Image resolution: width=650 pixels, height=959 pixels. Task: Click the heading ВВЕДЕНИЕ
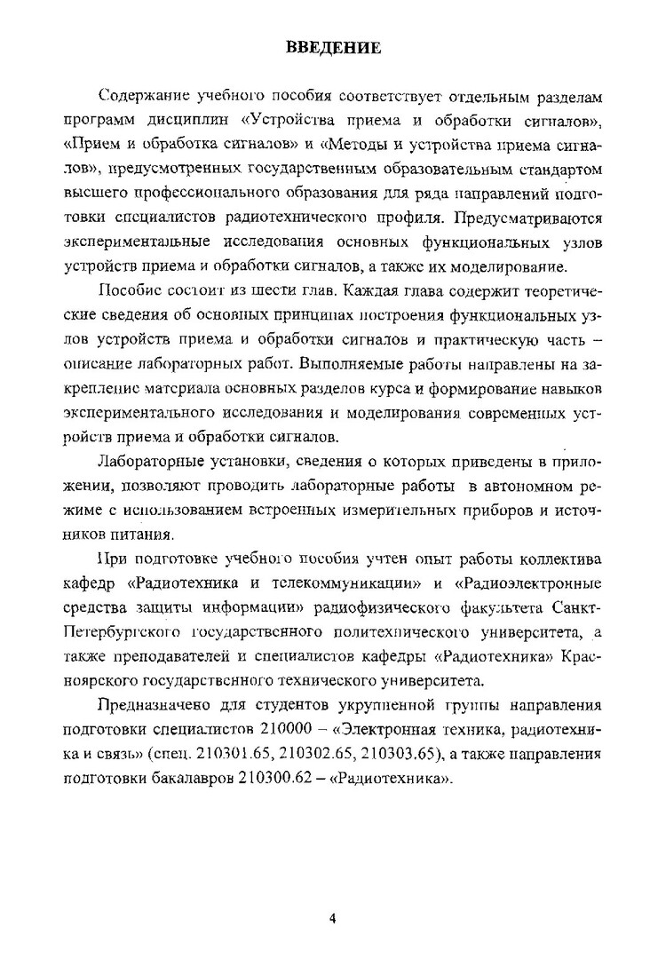tap(332, 47)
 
